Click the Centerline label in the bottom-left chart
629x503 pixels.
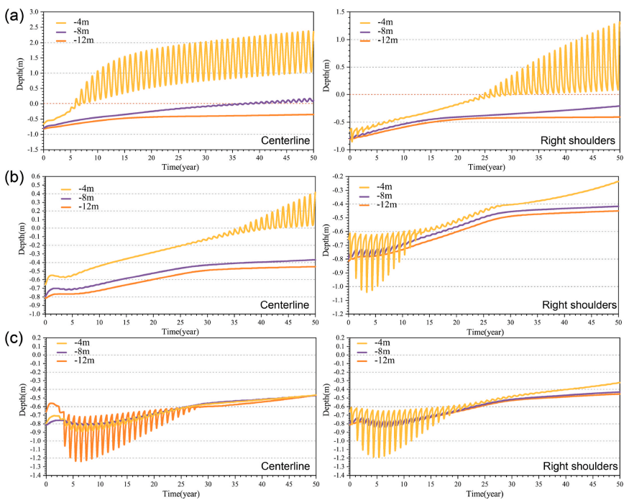coord(284,466)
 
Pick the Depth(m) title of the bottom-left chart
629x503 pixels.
coord(16,407)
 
